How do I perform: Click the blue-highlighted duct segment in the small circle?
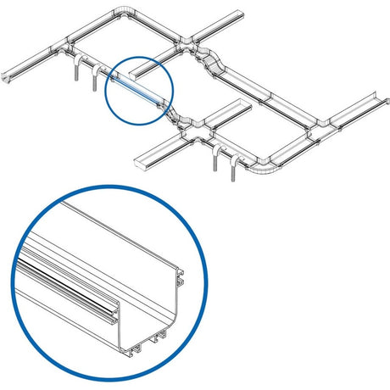click(x=134, y=90)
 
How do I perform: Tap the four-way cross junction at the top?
click(x=185, y=39)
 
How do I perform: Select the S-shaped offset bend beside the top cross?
click(x=213, y=63)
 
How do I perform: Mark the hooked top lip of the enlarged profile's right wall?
click(x=181, y=274)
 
